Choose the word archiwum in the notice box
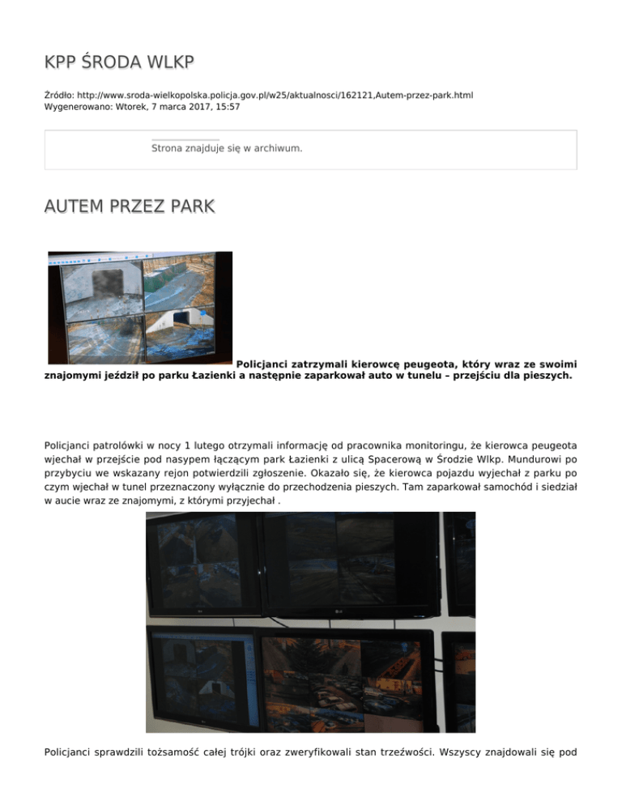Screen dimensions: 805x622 [279, 148]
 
